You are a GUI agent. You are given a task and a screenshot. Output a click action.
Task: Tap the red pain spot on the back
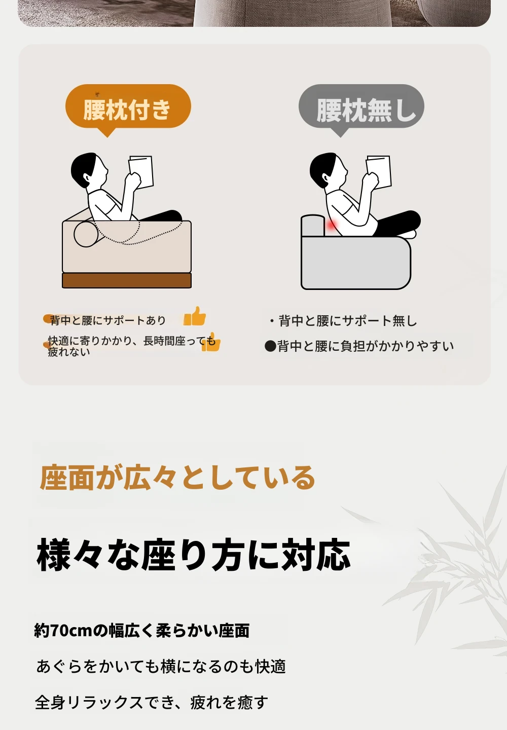pyautogui.click(x=332, y=226)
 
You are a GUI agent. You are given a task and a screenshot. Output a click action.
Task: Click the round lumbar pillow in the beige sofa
pyautogui.click(x=84, y=234)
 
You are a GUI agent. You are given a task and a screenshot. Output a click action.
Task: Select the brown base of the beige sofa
pyautogui.click(x=127, y=280)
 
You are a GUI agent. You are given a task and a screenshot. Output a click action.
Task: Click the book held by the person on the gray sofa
pyautogui.click(x=379, y=171)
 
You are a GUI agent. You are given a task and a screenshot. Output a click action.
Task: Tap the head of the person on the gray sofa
pyautogui.click(x=328, y=169)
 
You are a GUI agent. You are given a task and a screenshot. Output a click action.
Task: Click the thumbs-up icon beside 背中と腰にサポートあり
pyautogui.click(x=195, y=316)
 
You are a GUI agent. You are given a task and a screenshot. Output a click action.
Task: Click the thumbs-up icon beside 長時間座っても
pyautogui.click(x=211, y=342)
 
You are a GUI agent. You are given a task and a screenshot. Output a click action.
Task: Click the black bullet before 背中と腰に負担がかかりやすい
pyautogui.click(x=270, y=346)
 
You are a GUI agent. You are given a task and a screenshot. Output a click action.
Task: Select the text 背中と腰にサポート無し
pyautogui.click(x=348, y=321)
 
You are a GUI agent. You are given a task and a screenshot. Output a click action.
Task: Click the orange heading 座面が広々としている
pyautogui.click(x=177, y=478)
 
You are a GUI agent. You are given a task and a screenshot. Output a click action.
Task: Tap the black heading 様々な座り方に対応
pyautogui.click(x=194, y=555)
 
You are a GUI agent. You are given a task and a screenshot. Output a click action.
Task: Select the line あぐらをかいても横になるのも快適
pyautogui.click(x=161, y=666)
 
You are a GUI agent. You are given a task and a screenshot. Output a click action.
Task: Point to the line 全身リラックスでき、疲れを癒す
pyautogui.click(x=152, y=702)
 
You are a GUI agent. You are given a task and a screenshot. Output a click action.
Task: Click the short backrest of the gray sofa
pyautogui.click(x=313, y=225)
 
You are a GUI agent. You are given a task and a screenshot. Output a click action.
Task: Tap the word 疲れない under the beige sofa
pyautogui.click(x=69, y=352)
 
